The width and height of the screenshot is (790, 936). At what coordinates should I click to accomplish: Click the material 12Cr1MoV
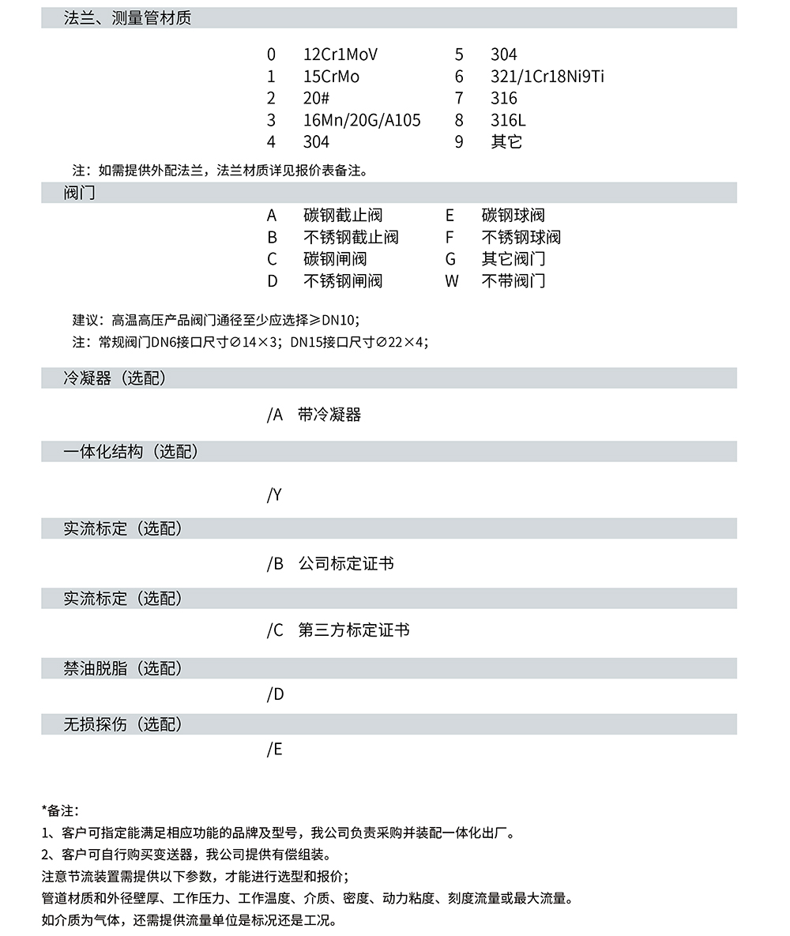point(340,55)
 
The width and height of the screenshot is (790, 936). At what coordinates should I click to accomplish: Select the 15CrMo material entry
point(331,77)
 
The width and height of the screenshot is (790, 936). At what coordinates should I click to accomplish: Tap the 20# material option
point(316,99)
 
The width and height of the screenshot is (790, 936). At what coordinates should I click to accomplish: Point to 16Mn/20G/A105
point(362,120)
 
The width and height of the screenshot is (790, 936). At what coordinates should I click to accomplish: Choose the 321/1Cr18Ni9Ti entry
point(547,77)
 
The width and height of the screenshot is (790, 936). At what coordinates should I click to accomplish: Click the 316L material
point(508,120)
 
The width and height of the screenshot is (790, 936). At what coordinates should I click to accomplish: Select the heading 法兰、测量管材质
point(127,18)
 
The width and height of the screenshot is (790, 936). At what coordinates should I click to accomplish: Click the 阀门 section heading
point(79,193)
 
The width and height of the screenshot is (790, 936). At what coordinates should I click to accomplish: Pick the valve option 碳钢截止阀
point(343,216)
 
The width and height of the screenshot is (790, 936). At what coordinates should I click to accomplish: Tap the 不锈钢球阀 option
point(521,237)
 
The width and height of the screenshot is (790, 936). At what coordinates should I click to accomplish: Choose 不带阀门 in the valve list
point(513,281)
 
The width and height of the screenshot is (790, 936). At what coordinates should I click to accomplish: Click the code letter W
point(451,281)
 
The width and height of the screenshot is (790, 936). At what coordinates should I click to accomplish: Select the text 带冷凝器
point(329,415)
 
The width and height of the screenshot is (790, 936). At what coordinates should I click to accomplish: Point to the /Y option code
point(274,495)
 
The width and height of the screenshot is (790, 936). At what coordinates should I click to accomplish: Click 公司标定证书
point(346,564)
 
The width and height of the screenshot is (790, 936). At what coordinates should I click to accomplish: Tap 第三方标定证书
point(354,630)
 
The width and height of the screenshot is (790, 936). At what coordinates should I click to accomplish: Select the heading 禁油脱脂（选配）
point(123,668)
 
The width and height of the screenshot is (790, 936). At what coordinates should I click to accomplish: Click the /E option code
point(274,750)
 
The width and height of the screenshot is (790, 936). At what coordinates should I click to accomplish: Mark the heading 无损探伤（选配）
point(123,724)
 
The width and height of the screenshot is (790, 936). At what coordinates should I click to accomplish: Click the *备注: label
point(60,810)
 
